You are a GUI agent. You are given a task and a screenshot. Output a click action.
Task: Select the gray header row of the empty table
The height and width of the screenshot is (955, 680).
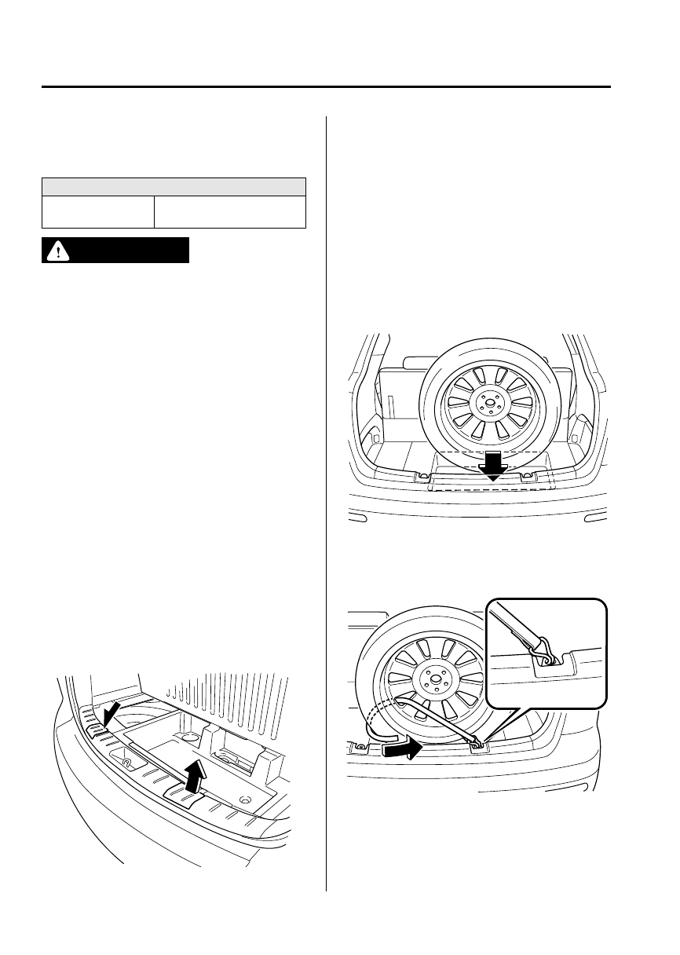(x=174, y=186)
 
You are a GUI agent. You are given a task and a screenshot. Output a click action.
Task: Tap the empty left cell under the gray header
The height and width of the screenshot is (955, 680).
(x=98, y=212)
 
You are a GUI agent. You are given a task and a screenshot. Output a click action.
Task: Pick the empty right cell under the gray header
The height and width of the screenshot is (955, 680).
(x=229, y=212)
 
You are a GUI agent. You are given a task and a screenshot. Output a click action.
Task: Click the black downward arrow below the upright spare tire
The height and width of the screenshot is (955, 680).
(x=493, y=466)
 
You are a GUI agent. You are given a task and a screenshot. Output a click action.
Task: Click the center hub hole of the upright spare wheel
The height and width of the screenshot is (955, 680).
(x=489, y=404)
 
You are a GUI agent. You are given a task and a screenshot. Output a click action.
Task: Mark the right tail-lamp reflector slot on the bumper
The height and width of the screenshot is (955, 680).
(x=595, y=518)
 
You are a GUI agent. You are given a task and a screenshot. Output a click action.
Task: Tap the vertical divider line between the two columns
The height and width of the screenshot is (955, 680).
(x=326, y=503)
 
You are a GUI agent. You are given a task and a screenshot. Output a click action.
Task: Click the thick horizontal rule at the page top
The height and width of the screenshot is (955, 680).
(x=326, y=87)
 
